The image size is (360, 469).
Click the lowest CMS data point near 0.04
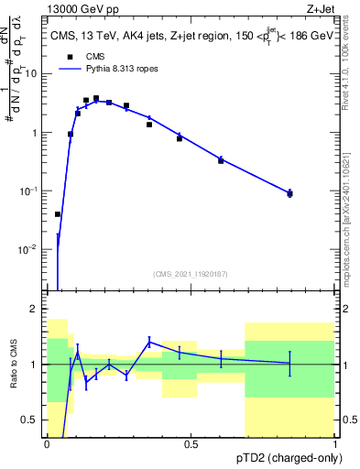coord(58,214)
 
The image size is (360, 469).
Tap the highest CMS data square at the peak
coord(96,98)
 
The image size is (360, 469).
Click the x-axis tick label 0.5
coord(191,445)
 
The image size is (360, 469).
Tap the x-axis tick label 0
coord(47,445)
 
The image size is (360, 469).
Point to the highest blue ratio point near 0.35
coord(149,343)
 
